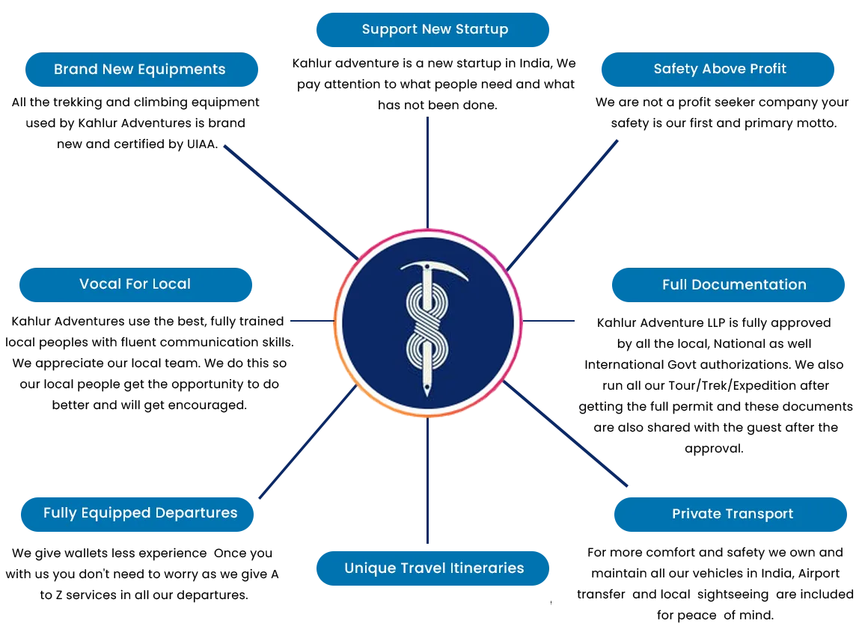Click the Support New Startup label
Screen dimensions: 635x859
pyautogui.click(x=434, y=29)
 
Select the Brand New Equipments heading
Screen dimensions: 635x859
pyautogui.click(x=139, y=69)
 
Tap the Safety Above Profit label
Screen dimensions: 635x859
pyautogui.click(x=719, y=69)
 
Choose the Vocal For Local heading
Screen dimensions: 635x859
pyautogui.click(x=135, y=283)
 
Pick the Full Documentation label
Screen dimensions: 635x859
pyautogui.click(x=733, y=284)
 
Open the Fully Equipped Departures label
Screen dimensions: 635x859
pyautogui.click(x=140, y=513)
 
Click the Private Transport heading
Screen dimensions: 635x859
pyautogui.click(x=732, y=514)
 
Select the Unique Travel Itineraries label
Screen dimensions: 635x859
pyautogui.click(x=434, y=568)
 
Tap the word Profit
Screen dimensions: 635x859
pyautogui.click(x=766, y=69)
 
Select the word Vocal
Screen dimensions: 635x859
pyautogui.click(x=98, y=283)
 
